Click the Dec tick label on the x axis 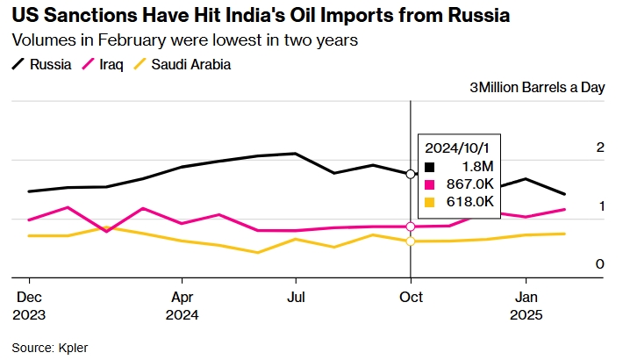pos(29,297)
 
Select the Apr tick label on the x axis pos(182,297)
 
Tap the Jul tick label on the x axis pos(296,297)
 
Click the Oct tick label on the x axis pos(411,297)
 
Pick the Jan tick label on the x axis pos(526,297)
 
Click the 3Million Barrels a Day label pos(537,88)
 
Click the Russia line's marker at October pos(411,174)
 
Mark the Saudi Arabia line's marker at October pos(411,241)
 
